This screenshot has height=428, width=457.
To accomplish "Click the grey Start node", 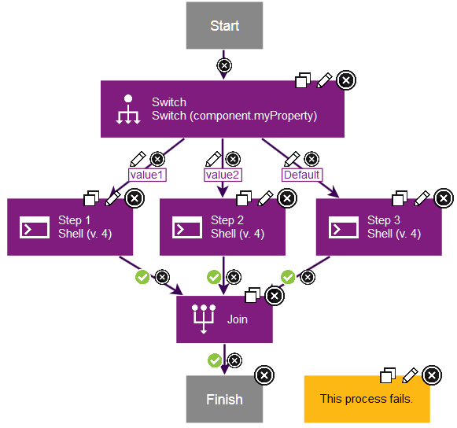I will click(224, 26).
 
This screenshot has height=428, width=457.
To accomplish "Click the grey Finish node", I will click(224, 399).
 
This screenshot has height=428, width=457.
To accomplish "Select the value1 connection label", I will click(147, 175).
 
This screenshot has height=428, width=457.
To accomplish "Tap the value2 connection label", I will click(223, 175).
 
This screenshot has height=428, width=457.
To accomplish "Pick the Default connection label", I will click(301, 175).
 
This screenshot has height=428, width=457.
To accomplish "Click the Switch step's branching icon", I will click(127, 109).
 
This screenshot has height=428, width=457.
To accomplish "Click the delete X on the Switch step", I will click(345, 80).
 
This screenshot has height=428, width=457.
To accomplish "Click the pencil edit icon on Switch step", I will click(324, 80).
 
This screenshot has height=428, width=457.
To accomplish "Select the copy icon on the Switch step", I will click(303, 81).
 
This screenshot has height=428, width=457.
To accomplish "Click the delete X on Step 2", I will click(287, 197).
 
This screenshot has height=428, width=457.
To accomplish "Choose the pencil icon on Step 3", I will click(422, 197).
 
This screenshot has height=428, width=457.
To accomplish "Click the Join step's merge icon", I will click(204, 319).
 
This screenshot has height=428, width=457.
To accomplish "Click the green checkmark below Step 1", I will click(142, 277).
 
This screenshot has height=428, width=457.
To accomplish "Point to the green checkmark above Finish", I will click(214, 360).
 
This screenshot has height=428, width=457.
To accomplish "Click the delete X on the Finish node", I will click(264, 375).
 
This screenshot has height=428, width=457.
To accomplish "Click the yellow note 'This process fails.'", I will click(367, 399).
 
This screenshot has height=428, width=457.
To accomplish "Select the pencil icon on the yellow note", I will click(409, 375).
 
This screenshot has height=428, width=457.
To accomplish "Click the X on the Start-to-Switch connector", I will click(224, 65).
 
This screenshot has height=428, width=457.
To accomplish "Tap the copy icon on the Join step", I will click(253, 295).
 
